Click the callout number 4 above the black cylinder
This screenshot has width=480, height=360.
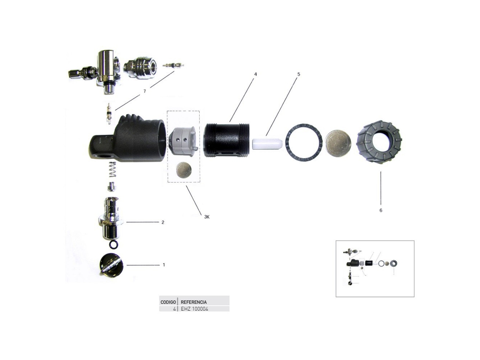[x=255, y=74]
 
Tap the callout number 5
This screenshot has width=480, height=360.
[x=299, y=74]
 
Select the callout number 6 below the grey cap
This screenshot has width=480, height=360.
[x=381, y=210]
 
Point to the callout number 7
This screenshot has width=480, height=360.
[x=144, y=91]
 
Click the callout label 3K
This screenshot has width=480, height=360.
[x=207, y=217]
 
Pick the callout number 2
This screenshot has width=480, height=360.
[x=163, y=222]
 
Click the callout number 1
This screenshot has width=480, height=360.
[x=164, y=265]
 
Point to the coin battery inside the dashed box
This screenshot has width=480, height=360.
[x=183, y=170]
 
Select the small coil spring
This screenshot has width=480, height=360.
[x=112, y=170]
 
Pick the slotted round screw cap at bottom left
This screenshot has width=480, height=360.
[x=111, y=265]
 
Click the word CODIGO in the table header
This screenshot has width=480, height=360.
[x=168, y=302]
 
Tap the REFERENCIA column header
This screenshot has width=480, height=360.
[x=194, y=302]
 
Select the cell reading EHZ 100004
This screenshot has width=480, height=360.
[x=195, y=309]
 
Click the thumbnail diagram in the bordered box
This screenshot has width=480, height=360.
[x=375, y=269]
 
